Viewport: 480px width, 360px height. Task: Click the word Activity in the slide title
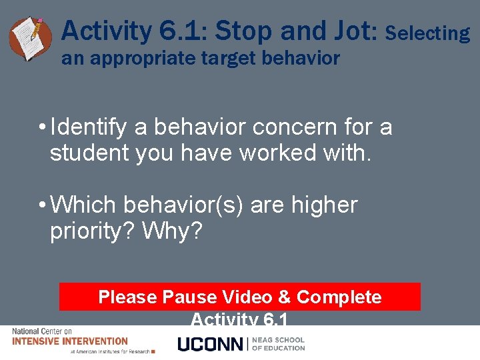pos(107,31)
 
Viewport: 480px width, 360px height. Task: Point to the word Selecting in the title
pos(427,33)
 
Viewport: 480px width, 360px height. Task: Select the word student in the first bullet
pos(89,153)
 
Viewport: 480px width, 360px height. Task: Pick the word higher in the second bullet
pos(324,205)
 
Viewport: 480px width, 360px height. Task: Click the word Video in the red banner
pos(248,297)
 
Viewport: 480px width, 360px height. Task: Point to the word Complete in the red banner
pos(339,297)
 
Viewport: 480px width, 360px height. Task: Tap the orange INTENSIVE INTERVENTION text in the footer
pos(70,341)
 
